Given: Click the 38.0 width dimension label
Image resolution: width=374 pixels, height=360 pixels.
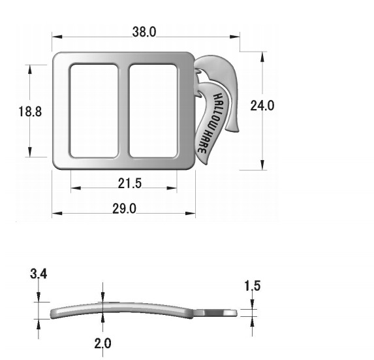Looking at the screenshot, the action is tap(144, 32).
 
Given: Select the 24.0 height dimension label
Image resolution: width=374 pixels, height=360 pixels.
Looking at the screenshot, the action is tap(262, 105).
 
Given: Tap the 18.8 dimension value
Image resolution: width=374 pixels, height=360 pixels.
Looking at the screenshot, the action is tap(30, 112).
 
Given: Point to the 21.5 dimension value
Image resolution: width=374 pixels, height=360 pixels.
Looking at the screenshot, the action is tap(130, 184).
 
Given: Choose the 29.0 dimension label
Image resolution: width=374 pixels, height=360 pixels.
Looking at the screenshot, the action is tap(124, 208).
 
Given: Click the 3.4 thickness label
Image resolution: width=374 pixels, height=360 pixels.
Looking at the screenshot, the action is tap(39, 274).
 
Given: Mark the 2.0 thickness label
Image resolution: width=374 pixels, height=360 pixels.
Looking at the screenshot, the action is tap(103, 343).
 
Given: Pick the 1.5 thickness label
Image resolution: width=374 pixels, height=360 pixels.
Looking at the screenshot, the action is tap(253, 286).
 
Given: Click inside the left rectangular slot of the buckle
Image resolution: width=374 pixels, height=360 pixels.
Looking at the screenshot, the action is tap(94, 111).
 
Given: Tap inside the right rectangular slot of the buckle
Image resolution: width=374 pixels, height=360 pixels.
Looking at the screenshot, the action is tap(153, 111).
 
